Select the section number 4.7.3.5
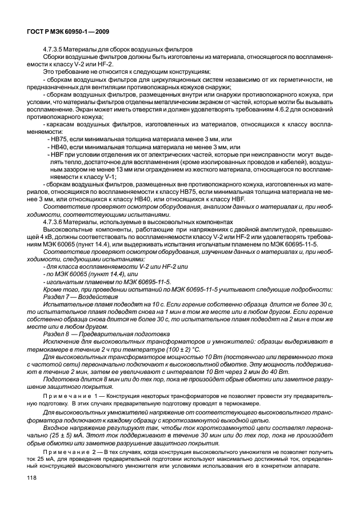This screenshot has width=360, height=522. [55, 50]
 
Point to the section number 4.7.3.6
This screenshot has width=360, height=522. [55, 221]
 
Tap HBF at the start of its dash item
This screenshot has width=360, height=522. [58, 155]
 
